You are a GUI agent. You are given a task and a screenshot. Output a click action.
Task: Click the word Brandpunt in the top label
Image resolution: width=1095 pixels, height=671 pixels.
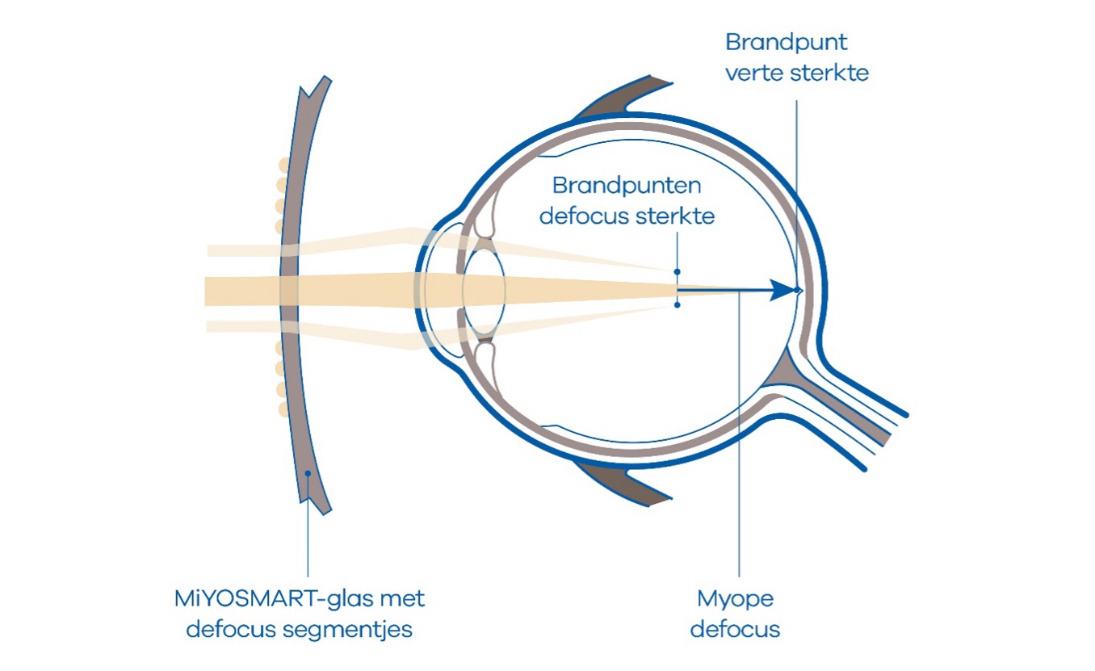786,42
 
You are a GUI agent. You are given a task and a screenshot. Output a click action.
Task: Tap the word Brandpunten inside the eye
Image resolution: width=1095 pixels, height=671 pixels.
627,186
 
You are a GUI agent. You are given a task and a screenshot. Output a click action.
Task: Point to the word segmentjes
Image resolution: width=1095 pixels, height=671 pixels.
347,630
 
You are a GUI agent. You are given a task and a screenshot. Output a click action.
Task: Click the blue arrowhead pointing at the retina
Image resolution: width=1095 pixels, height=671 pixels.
782,291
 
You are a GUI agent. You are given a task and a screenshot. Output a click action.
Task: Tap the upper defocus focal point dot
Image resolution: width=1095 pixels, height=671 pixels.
677,272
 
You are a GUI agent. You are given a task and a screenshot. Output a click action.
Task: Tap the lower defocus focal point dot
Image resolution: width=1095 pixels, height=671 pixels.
677,305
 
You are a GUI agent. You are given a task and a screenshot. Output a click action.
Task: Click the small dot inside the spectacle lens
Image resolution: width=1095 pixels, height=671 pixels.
308,473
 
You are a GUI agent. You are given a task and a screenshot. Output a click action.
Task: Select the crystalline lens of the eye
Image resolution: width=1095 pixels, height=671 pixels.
484,290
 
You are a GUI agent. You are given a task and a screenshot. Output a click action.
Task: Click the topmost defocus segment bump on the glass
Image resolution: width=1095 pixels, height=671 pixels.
284,166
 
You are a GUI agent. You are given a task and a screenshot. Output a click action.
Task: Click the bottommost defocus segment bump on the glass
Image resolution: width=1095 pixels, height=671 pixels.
283,409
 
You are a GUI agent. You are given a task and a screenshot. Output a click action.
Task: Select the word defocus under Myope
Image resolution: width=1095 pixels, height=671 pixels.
735,630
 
